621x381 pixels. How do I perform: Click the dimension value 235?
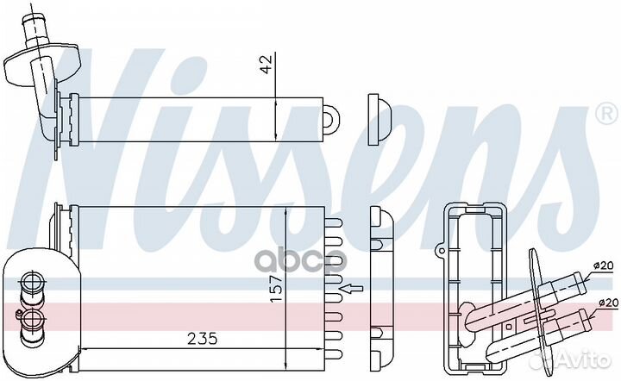pos(203,339)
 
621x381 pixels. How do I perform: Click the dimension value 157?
pos(277,289)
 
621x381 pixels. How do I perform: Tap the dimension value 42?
pos(267,64)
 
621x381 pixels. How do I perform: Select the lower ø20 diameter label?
pos(608,303)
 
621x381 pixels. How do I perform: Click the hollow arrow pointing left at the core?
pos(351,289)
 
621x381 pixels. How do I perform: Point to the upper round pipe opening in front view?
pos(30,283)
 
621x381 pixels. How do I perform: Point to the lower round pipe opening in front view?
pos(31,319)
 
